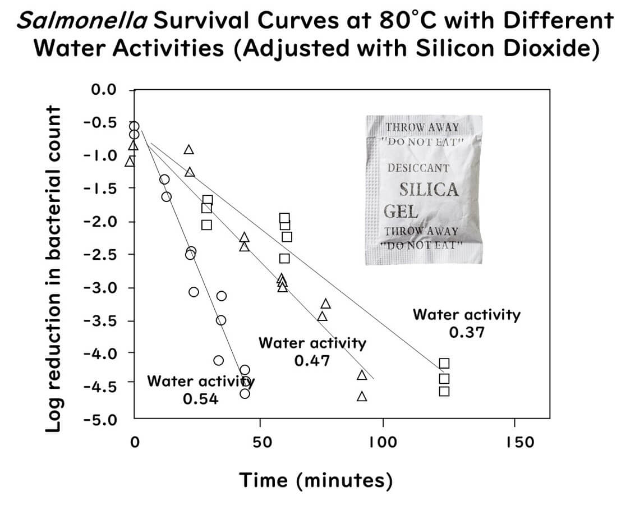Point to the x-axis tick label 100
(x=383, y=442)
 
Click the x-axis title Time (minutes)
(x=315, y=480)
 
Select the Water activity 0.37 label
(x=466, y=323)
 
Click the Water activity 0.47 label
(x=312, y=351)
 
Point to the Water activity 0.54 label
(x=200, y=389)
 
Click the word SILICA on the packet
(x=429, y=190)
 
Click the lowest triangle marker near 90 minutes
(x=362, y=397)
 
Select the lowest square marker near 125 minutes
(x=444, y=391)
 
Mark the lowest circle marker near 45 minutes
(x=245, y=393)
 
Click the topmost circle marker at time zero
(x=134, y=126)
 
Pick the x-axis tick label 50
(x=259, y=442)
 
